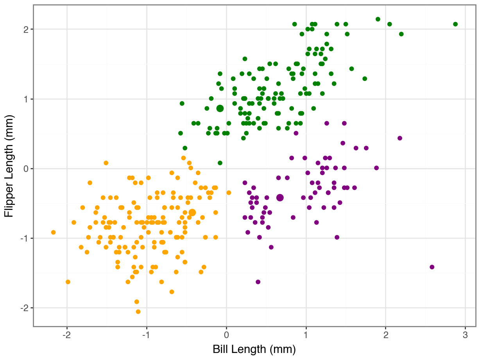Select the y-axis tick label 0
(x=25, y=168)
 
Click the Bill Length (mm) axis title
(x=254, y=349)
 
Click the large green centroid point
(x=220, y=108)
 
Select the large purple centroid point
(x=280, y=197)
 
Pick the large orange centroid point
(x=192, y=212)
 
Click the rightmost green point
(x=455, y=24)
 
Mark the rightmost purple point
(x=432, y=267)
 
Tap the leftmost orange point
(x=54, y=232)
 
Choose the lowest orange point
(x=138, y=312)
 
